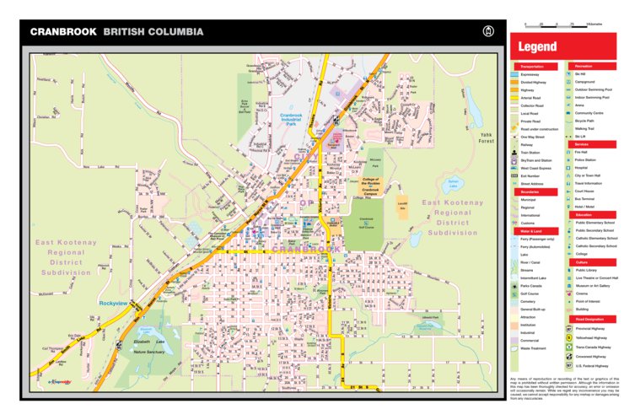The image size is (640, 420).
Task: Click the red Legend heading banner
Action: [562, 47]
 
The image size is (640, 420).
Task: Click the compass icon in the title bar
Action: [487, 32]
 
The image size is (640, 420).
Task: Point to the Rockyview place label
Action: [112, 302]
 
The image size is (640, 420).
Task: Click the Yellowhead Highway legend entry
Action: [593, 337]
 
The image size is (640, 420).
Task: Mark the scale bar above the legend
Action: [551, 26]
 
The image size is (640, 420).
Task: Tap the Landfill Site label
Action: [401, 204]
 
